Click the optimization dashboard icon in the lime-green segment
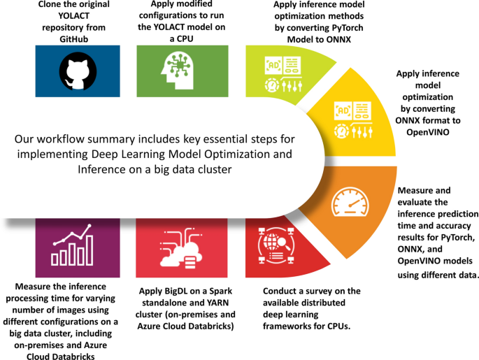[x=285, y=73]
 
